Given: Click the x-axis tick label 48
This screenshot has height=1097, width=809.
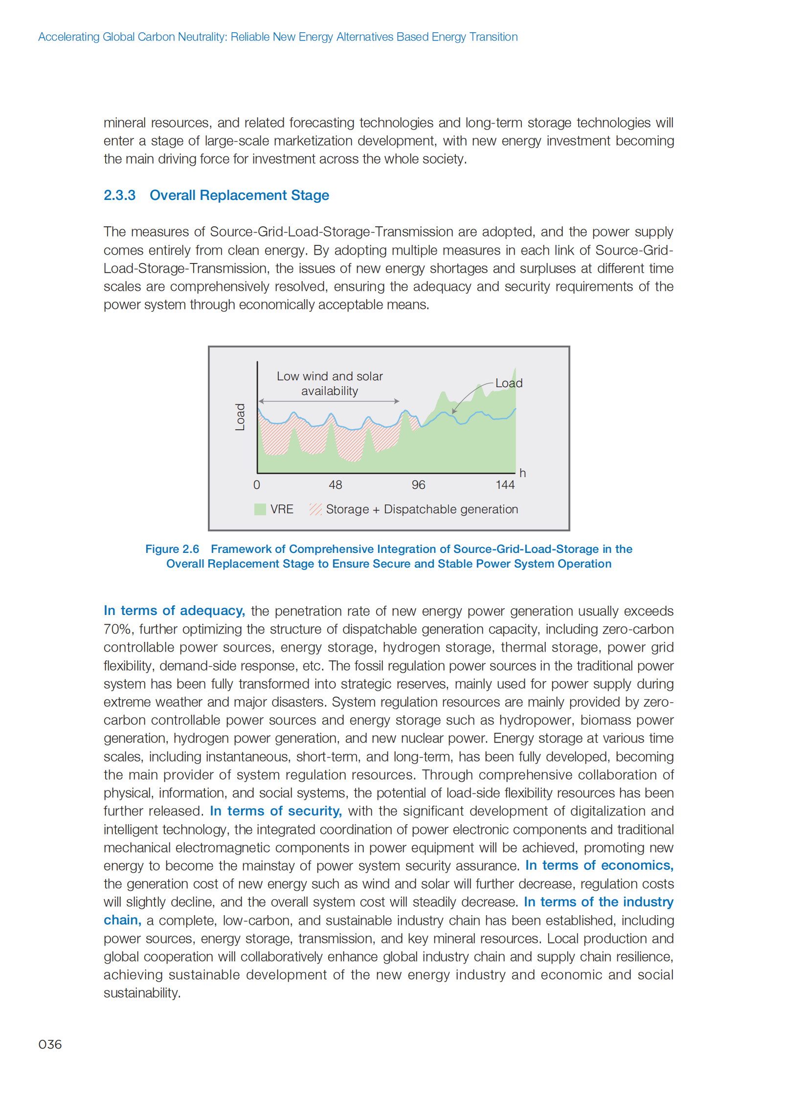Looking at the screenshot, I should click(x=336, y=484).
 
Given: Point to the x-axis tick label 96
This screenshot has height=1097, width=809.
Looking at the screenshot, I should click(x=418, y=484).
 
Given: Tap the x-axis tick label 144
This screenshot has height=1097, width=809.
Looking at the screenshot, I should click(x=505, y=484).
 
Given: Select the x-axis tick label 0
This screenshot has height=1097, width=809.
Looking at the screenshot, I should click(x=257, y=484).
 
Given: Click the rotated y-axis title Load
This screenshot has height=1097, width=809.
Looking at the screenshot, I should click(x=240, y=417).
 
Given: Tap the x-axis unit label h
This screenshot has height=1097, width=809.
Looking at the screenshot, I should click(x=522, y=473).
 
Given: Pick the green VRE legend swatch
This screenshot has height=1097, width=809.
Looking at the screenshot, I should click(x=260, y=509).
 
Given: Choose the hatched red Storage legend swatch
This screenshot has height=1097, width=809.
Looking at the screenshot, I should click(x=315, y=509).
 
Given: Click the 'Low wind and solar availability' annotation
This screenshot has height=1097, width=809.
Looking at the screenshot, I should click(x=330, y=383).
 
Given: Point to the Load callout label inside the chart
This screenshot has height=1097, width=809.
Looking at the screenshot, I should click(x=509, y=383).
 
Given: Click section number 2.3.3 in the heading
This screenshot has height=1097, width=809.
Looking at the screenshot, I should click(x=119, y=196).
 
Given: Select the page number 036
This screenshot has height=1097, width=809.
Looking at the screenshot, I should click(x=50, y=1044).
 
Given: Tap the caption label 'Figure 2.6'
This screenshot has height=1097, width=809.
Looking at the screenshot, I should click(x=172, y=549).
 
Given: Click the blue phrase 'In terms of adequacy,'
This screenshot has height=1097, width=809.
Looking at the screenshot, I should click(x=174, y=611).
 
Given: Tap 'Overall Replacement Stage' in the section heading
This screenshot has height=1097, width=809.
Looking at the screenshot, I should click(x=240, y=196).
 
